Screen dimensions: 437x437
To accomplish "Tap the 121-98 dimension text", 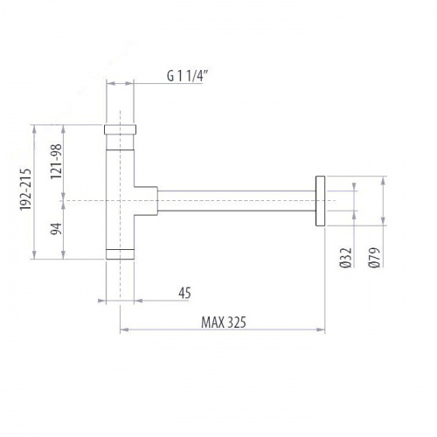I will pyautogui.click(x=57, y=161).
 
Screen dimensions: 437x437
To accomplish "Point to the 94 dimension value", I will pyautogui.click(x=57, y=229).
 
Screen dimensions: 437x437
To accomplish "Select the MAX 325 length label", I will pyautogui.click(x=225, y=322).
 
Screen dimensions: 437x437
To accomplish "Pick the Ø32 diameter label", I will pyautogui.click(x=349, y=259).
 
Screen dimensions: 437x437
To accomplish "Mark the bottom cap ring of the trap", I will pyautogui.click(x=120, y=254).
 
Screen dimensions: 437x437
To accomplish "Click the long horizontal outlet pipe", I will pyautogui.click(x=236, y=200).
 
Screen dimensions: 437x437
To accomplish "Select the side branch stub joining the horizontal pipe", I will pyautogui.click(x=145, y=200).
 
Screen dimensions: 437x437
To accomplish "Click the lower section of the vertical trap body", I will pyautogui.click(x=120, y=232).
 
